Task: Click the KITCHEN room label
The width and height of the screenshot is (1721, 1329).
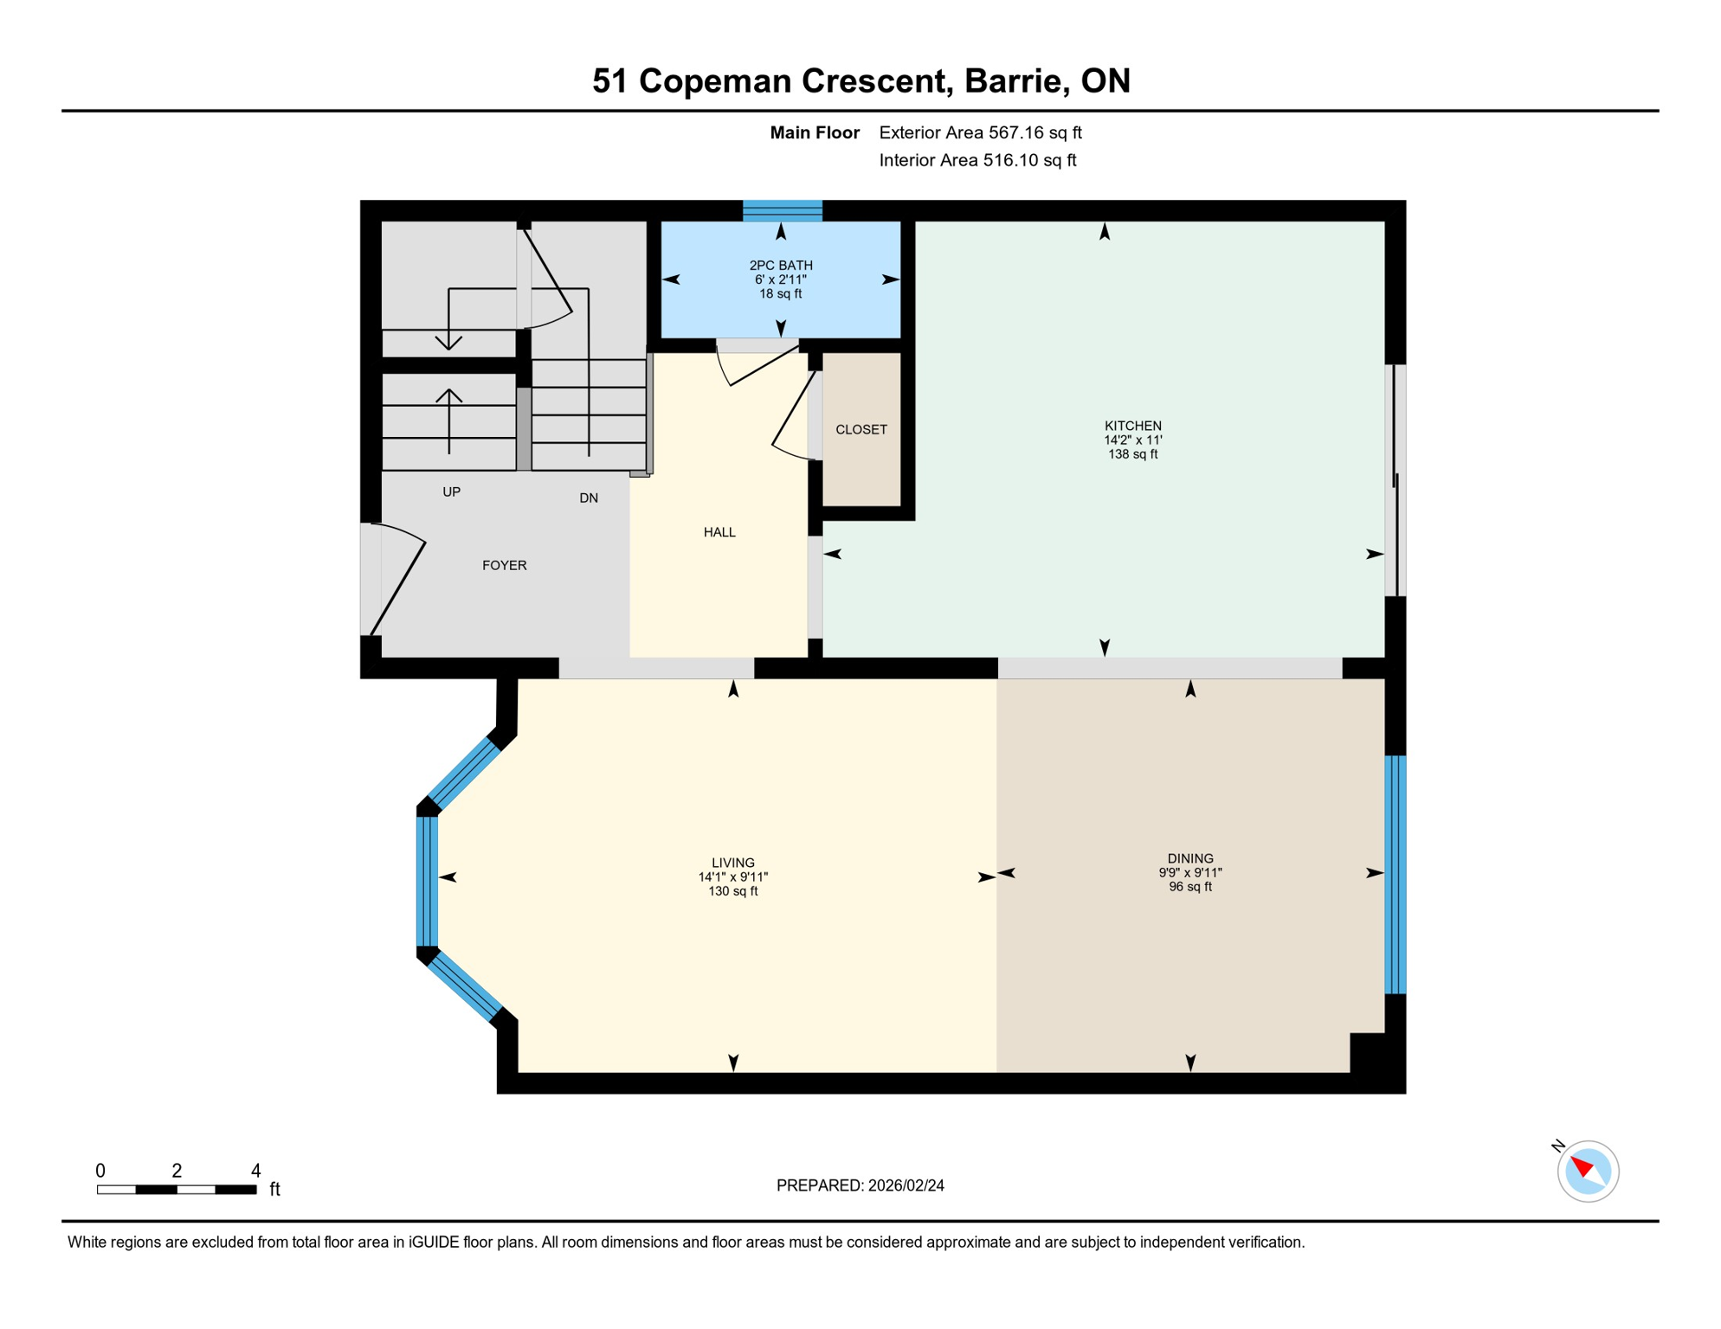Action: pos(1132,426)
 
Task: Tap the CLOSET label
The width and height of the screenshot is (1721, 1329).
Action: pos(860,430)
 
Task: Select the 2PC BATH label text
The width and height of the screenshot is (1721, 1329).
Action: pos(781,266)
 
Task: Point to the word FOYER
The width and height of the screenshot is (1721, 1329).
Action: pos(504,566)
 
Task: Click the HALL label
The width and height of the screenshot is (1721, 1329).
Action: pos(719,533)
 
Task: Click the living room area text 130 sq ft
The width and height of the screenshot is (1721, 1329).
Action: pos(733,892)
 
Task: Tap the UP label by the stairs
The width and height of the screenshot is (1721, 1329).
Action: pos(451,492)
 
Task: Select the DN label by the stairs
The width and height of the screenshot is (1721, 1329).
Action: pos(589,498)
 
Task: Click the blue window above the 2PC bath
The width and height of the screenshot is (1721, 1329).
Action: pos(783,210)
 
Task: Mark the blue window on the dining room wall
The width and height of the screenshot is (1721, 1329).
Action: pos(1395,875)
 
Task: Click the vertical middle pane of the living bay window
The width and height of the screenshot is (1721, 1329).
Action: pos(427,882)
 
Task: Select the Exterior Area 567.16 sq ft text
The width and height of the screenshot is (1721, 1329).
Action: pos(980,133)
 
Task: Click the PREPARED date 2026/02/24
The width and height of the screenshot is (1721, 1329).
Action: pos(906,1186)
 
